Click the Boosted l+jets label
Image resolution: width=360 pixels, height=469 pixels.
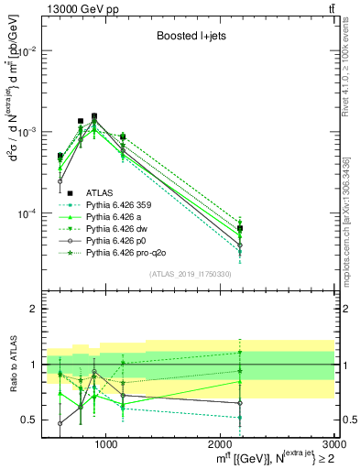pyautogui.click(x=190, y=37)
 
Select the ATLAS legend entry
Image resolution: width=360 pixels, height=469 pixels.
pyautogui.click(x=99, y=192)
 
